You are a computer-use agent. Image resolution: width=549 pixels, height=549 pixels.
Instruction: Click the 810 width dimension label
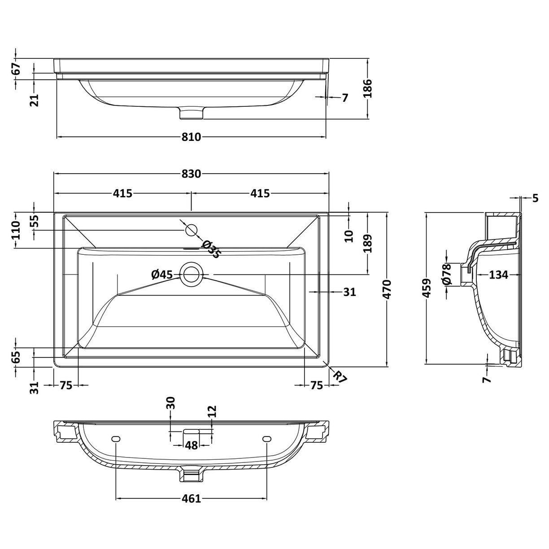click(x=192, y=137)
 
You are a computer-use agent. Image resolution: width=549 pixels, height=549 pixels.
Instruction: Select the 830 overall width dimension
click(x=192, y=174)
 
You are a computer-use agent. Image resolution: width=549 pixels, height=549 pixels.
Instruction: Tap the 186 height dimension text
click(x=368, y=89)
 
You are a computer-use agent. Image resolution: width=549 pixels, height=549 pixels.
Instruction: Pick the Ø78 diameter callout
click(x=446, y=274)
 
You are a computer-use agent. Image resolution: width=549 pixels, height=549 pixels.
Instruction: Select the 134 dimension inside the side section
click(x=499, y=274)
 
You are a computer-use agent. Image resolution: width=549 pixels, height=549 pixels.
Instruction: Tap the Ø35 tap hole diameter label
click(x=211, y=249)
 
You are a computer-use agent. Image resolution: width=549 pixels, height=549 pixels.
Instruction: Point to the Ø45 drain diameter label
click(x=162, y=274)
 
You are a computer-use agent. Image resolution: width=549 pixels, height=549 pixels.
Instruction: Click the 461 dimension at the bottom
click(x=192, y=498)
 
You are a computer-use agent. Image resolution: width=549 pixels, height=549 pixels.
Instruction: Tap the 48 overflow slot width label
click(x=192, y=445)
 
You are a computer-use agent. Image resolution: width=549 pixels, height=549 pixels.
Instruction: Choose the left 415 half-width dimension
click(x=122, y=193)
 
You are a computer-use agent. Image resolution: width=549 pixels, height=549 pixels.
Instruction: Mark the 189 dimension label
click(x=368, y=244)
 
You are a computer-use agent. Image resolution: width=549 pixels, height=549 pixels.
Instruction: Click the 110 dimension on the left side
click(x=16, y=231)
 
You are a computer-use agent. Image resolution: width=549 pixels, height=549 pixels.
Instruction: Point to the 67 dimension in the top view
click(x=16, y=69)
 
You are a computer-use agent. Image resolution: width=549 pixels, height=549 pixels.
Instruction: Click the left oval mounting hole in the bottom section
click(x=116, y=439)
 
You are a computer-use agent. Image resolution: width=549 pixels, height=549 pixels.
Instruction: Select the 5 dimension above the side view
click(x=535, y=198)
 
